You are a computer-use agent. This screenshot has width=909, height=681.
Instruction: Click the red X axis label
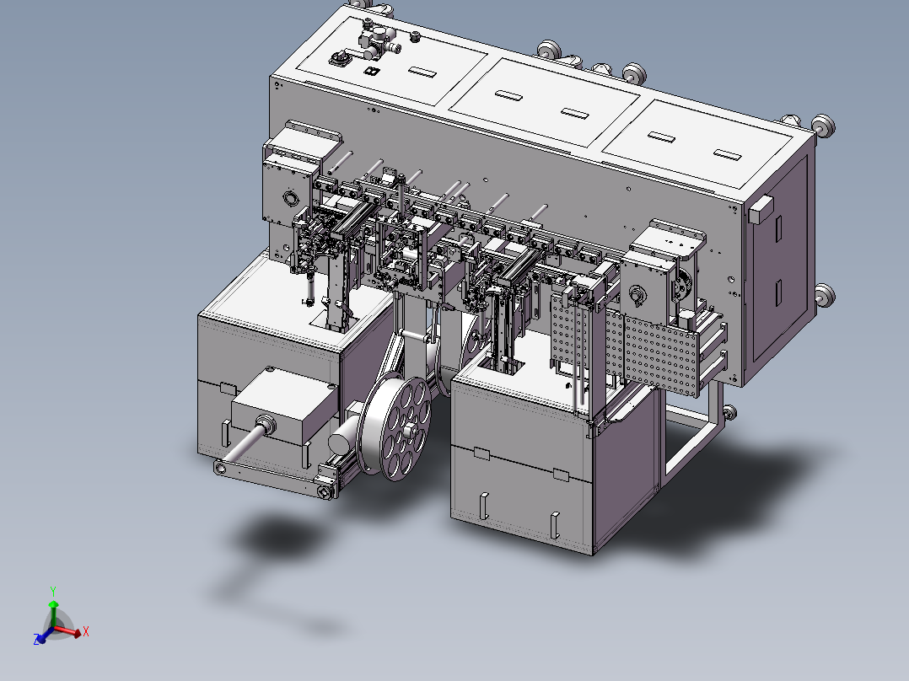coord(86,630)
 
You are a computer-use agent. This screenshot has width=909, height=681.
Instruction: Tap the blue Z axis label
coord(37,641)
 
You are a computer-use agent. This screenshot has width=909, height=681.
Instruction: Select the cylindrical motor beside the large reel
coord(345,440)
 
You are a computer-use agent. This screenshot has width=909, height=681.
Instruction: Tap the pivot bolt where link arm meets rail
coord(325,491)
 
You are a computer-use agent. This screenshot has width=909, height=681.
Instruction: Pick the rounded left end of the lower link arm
coord(221,466)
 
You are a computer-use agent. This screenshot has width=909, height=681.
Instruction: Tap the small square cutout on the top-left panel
coord(369,72)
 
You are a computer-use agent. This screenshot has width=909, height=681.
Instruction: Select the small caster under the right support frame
coord(729,412)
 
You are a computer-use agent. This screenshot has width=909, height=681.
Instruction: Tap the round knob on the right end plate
coord(637,296)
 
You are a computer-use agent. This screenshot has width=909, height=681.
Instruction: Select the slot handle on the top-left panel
coord(422,73)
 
